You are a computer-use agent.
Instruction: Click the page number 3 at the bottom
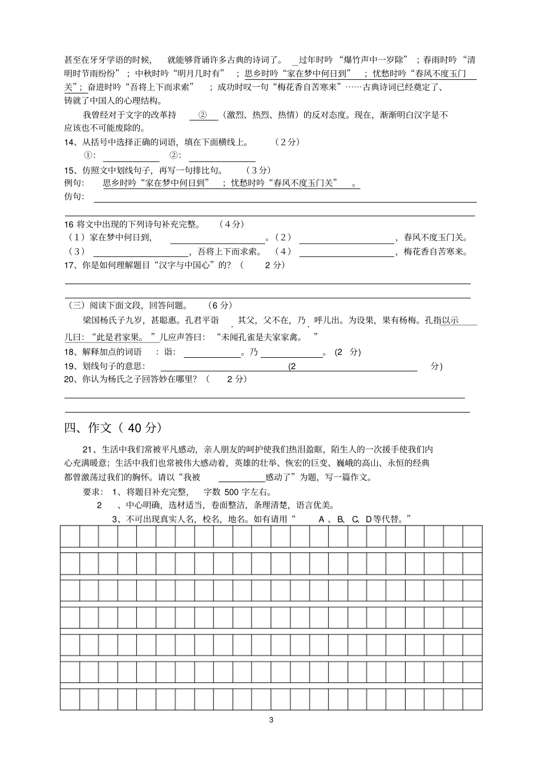click(271, 720)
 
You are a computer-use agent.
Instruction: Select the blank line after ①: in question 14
click(131, 156)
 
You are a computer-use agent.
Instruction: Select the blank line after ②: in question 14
click(222, 156)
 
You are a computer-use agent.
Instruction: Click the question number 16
click(69, 224)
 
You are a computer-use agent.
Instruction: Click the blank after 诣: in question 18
click(212, 353)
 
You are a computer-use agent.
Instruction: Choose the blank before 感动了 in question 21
click(241, 478)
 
